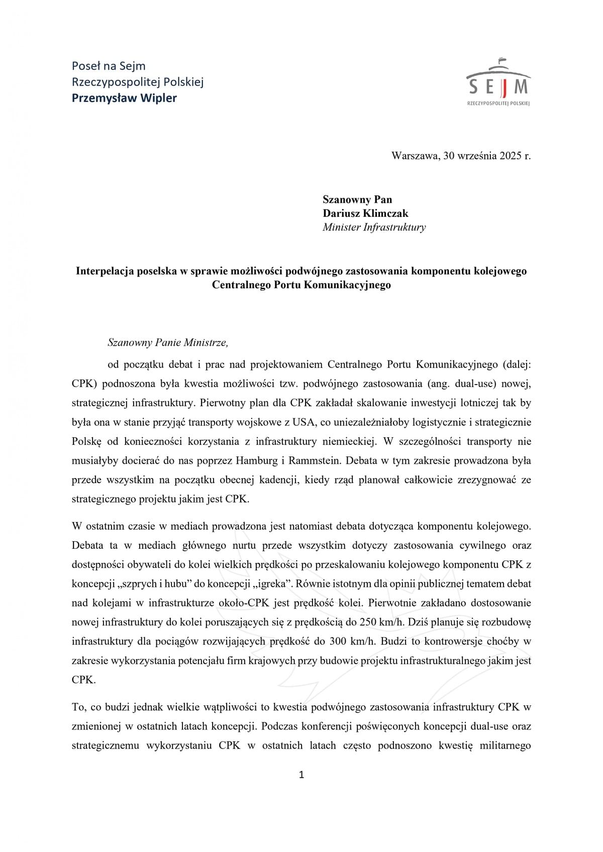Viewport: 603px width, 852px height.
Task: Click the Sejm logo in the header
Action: click(x=498, y=82)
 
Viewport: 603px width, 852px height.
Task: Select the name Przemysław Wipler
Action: click(x=124, y=98)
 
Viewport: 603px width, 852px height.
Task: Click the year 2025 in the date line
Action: click(x=511, y=156)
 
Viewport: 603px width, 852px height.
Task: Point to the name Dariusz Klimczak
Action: click(x=365, y=213)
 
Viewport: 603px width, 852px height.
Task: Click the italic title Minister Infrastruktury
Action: click(x=374, y=227)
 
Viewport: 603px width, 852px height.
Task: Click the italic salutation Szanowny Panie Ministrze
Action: click(x=168, y=343)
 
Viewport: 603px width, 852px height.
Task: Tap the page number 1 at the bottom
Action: click(x=301, y=775)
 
